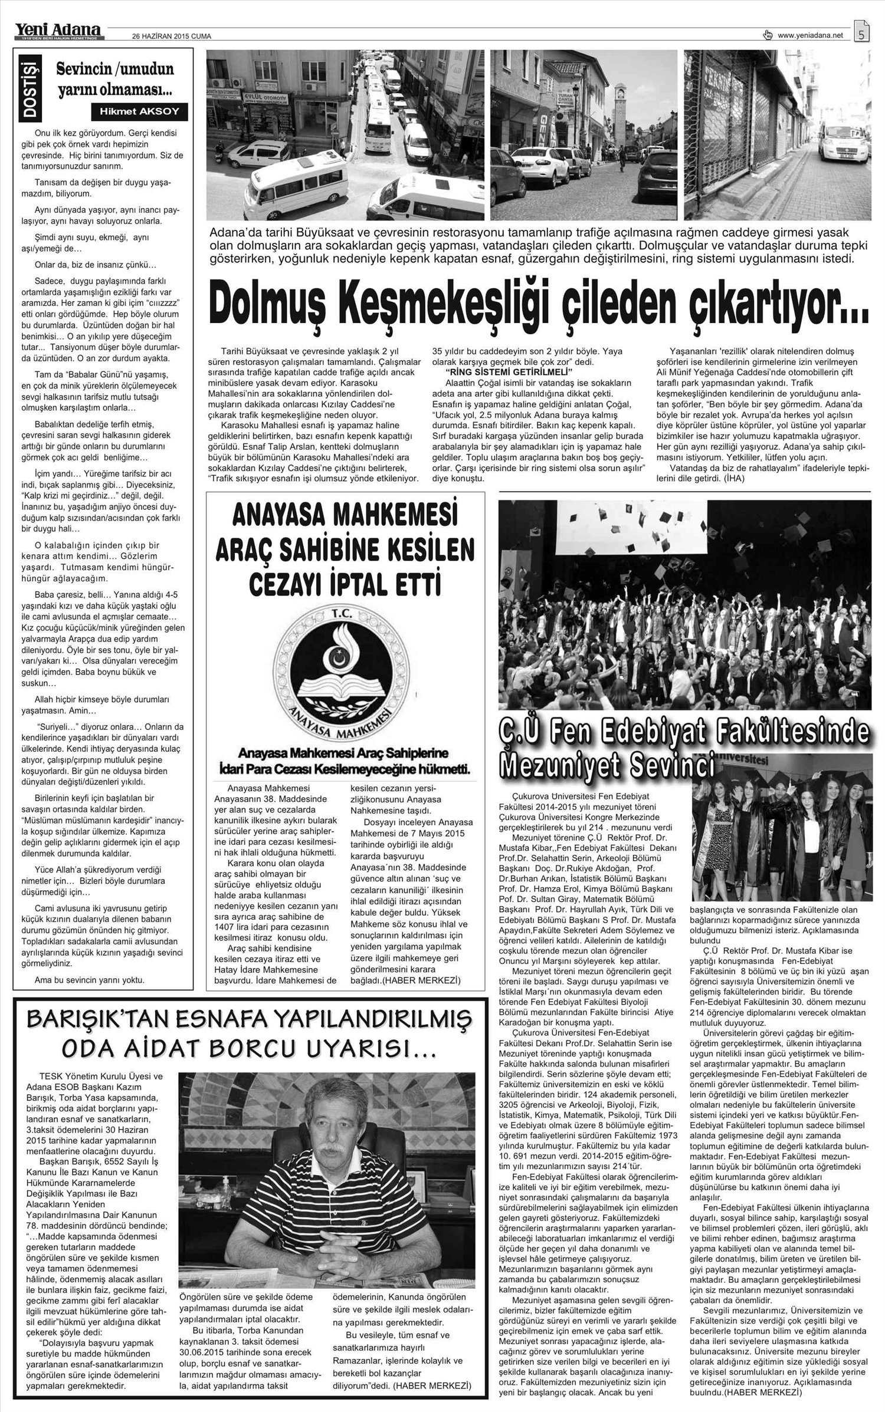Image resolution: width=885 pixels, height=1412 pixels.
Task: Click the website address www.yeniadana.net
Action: click(810, 35)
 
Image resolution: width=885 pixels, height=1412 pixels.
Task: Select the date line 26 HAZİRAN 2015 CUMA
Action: click(171, 36)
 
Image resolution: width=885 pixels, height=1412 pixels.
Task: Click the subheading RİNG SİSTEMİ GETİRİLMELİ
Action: click(509, 372)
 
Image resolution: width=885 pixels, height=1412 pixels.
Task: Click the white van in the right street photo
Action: click(845, 144)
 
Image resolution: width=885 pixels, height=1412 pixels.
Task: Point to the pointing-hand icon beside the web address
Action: click(768, 35)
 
